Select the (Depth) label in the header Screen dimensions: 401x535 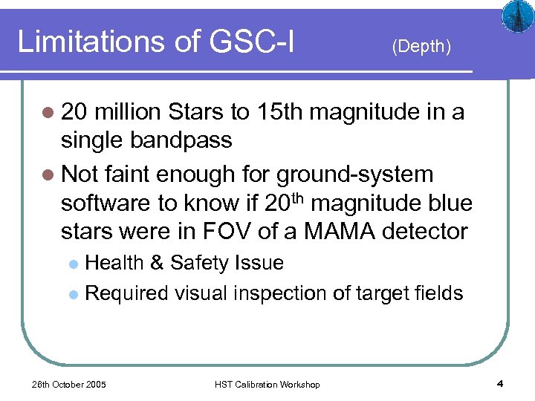(421, 46)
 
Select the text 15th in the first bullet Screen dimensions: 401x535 (279, 112)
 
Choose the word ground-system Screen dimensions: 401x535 (354, 175)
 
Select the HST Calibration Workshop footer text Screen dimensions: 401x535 (267, 384)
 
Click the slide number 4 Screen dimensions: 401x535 (499, 383)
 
